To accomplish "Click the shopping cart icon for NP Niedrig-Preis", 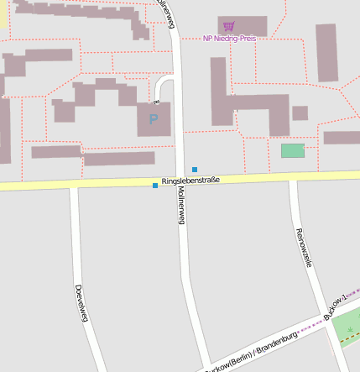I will pos(229,26).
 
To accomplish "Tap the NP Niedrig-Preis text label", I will pos(229,38).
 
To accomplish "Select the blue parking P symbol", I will pos(153,119).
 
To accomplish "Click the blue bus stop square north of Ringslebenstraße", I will pos(195,170).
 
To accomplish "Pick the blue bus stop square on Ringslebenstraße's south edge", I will pos(155,186).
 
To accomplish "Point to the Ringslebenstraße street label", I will pos(190,180).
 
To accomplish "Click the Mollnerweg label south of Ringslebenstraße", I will pos(180,205).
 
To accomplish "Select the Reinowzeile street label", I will pos(303,247).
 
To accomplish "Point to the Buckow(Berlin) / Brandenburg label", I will pos(252,351).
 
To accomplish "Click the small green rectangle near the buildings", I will pos(292,150).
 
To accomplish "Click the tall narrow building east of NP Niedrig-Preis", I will pos(326,52).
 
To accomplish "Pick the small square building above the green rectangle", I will pos(300,113).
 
